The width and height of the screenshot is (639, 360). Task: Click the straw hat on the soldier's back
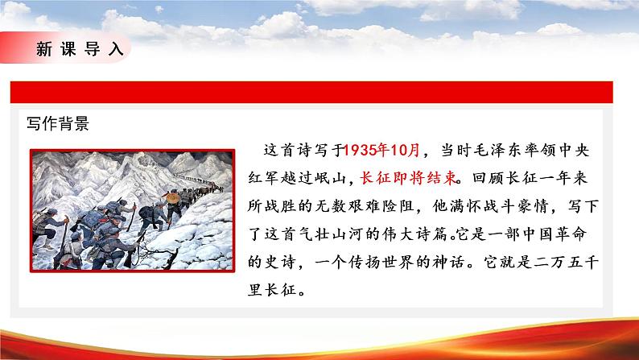(x=171, y=197)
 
